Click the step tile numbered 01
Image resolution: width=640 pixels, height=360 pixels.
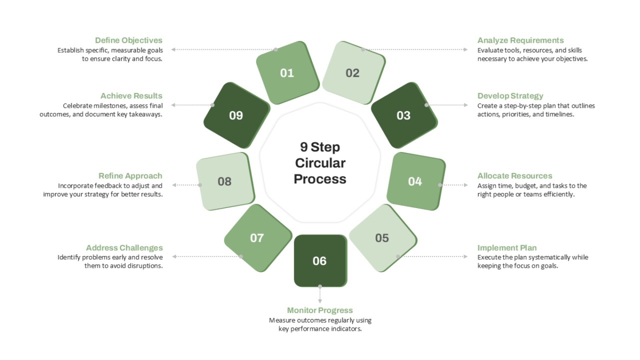click(x=287, y=73)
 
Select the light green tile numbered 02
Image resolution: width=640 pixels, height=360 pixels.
click(x=354, y=73)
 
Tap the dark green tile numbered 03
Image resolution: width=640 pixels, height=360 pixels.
click(x=404, y=115)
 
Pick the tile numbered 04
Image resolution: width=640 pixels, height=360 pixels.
click(x=416, y=181)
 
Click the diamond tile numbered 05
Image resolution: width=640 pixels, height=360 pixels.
click(x=383, y=238)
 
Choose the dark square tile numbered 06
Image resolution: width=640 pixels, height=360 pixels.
click(x=321, y=261)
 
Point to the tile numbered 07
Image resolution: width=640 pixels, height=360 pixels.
click(x=258, y=238)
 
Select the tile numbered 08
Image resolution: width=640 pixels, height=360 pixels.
click(x=226, y=181)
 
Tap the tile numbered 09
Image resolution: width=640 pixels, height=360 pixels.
click(x=237, y=115)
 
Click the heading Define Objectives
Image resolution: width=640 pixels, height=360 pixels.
click(x=129, y=41)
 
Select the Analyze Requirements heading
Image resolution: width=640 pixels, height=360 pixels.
click(x=521, y=41)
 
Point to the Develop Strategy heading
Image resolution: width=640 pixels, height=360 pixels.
click(x=510, y=95)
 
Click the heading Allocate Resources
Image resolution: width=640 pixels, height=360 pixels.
click(x=515, y=175)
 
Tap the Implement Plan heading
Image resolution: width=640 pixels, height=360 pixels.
click(x=507, y=247)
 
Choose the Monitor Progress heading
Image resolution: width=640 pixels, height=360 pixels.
click(x=320, y=310)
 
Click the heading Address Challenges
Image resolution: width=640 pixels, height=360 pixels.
click(x=125, y=247)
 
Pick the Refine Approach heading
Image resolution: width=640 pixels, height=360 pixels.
click(x=130, y=175)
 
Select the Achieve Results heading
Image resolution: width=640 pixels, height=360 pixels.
click(x=131, y=95)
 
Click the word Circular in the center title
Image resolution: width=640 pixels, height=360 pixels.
click(x=321, y=163)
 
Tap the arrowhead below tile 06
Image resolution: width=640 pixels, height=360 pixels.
click(x=320, y=301)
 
